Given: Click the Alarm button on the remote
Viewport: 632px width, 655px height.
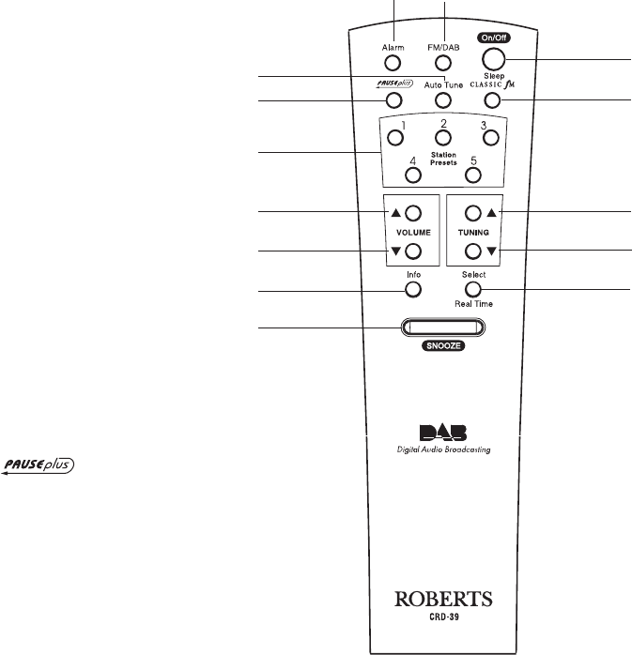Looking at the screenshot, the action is tap(393, 64).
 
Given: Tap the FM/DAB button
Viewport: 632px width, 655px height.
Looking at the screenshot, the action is tap(443, 64).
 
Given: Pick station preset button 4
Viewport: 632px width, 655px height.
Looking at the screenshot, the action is tap(411, 175).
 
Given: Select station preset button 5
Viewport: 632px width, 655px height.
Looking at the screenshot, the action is tap(473, 175).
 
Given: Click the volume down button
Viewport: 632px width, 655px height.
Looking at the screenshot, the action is tap(411, 251).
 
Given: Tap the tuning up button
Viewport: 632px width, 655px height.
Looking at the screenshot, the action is tap(472, 213).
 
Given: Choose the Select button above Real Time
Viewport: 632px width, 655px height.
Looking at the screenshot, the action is tap(472, 289).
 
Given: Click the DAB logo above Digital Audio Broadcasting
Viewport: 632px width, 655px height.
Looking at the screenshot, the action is tap(441, 434).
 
